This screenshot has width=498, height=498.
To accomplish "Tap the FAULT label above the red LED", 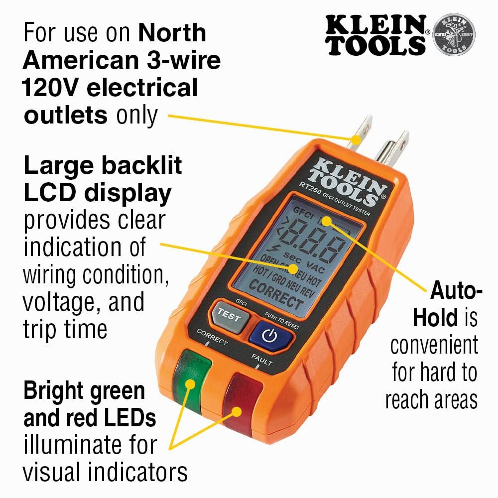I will (x=261, y=360).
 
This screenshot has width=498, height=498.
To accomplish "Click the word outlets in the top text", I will (x=65, y=115).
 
